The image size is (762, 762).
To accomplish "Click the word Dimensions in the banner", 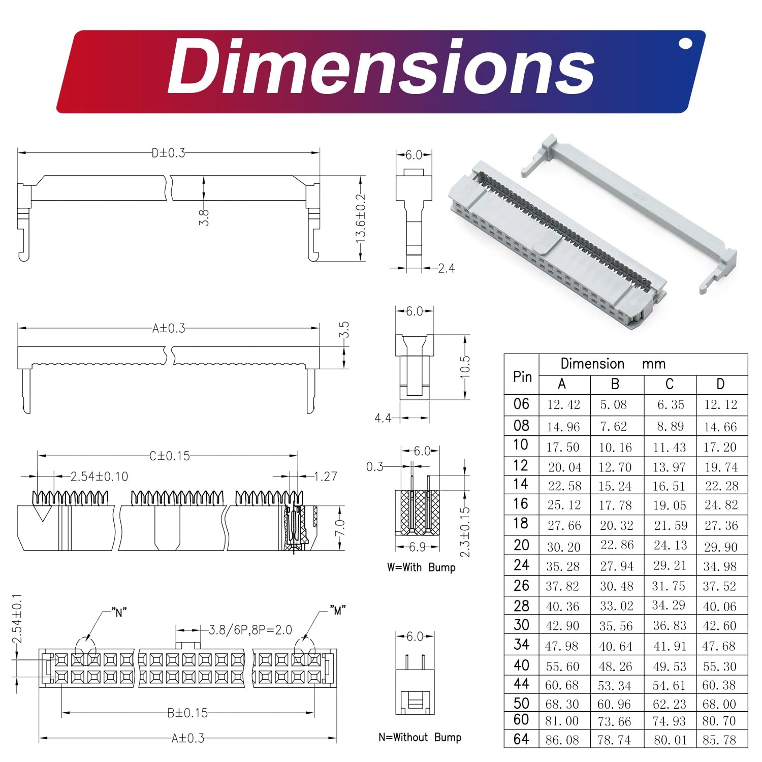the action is tap(380, 67).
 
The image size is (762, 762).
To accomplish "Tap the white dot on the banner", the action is tap(685, 44).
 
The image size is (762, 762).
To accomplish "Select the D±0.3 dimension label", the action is tap(169, 153).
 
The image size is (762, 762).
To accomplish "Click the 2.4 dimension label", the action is tap(447, 268).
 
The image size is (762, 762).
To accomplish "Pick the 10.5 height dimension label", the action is tap(465, 367).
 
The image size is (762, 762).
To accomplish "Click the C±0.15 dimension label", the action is tap(170, 456).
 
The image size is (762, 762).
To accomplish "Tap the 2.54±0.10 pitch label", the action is tap(99, 477).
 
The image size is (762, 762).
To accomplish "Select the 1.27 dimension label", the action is tap(326, 477).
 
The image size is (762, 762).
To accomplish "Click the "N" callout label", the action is tap(119, 613).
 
